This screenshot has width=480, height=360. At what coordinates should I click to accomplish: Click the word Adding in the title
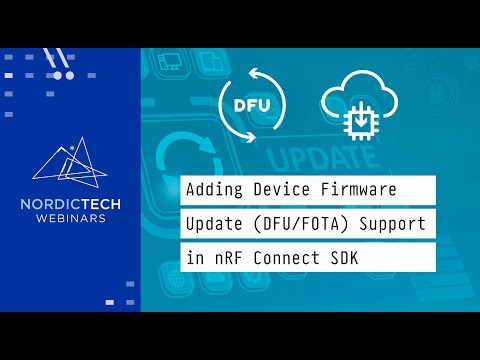(214, 188)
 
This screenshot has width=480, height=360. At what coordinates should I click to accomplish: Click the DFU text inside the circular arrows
(251, 105)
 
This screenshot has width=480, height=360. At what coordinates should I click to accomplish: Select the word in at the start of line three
(194, 256)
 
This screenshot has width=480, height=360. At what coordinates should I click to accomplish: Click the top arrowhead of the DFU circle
(260, 71)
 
